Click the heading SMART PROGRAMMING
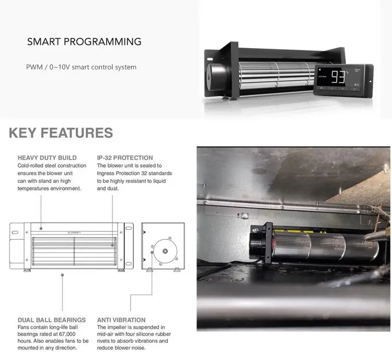(84, 42)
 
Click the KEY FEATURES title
(61, 133)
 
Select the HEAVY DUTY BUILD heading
(47, 157)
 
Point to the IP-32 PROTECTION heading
(125, 157)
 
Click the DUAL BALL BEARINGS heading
(51, 320)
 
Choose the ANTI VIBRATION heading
(121, 320)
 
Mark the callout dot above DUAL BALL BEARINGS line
(62, 273)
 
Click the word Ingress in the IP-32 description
(107, 173)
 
